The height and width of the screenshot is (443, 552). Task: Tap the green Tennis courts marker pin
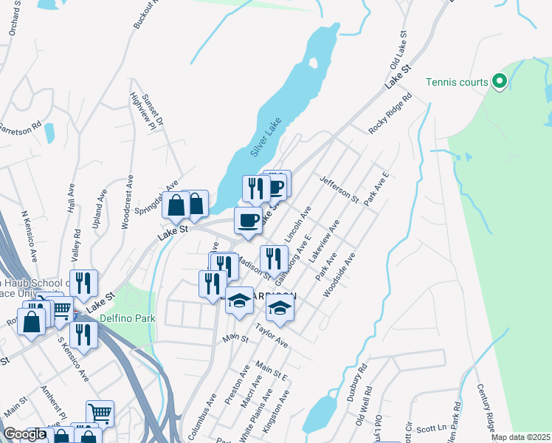point(499,81)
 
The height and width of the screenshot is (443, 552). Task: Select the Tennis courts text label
point(457,81)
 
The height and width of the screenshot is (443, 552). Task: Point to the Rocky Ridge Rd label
point(390,113)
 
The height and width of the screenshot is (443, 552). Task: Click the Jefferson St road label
point(339,190)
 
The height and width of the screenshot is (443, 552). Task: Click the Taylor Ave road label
point(271,334)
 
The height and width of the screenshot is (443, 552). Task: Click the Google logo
point(24,434)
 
